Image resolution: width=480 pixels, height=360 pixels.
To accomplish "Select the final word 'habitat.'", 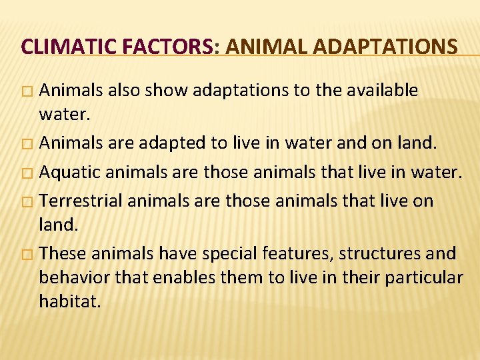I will [70, 301].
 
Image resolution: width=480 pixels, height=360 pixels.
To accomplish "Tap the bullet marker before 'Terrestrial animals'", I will [26, 201].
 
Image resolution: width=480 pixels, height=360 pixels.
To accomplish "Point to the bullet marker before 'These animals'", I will [26, 254].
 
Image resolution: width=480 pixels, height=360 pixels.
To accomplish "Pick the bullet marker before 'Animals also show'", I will [26, 91].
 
